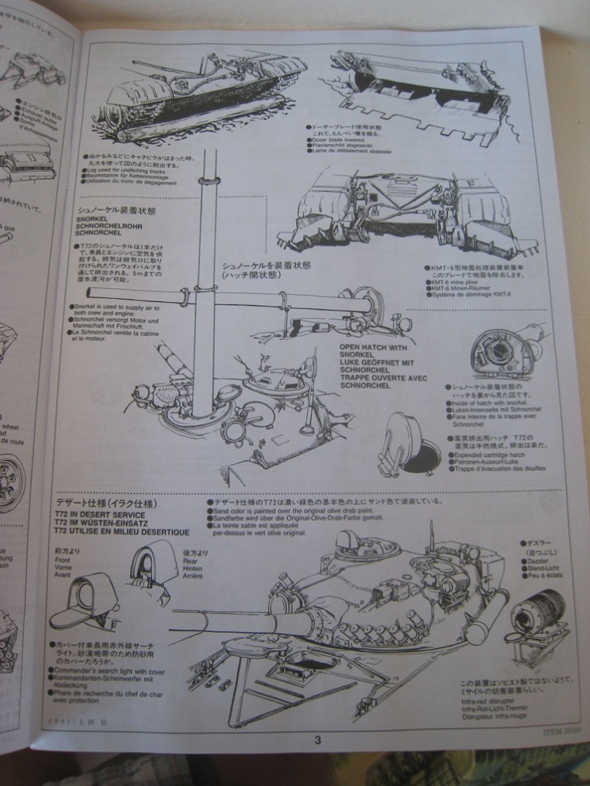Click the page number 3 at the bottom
click(x=317, y=740)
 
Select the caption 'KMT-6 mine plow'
click(x=454, y=283)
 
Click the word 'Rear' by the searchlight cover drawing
click(x=191, y=559)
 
